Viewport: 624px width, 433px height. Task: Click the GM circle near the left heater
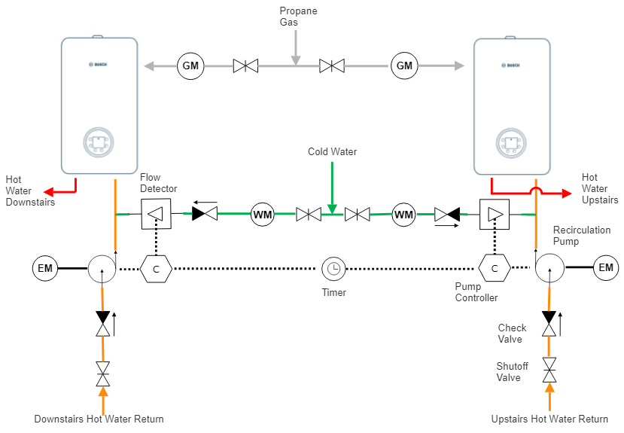(x=190, y=66)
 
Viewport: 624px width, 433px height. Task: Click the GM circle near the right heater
(x=404, y=66)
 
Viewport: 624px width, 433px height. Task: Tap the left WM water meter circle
(x=262, y=215)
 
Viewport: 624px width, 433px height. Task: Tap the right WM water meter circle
(x=403, y=215)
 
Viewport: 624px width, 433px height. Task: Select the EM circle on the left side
(x=45, y=267)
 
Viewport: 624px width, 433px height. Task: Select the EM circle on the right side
(x=605, y=267)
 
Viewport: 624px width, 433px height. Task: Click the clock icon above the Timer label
(x=333, y=268)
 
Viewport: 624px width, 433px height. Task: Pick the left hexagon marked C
(x=156, y=268)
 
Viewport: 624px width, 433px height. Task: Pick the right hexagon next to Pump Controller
(x=495, y=268)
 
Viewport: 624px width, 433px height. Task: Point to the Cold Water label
(x=332, y=152)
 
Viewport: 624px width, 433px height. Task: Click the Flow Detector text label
(x=158, y=183)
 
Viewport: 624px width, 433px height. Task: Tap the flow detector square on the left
(x=157, y=214)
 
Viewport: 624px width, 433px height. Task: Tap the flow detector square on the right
(x=496, y=214)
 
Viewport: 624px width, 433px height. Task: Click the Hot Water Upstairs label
(x=600, y=189)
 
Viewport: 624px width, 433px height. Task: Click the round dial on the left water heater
(x=99, y=142)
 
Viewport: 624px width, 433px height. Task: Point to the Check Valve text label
(x=513, y=334)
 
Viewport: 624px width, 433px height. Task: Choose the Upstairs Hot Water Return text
(x=549, y=419)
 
